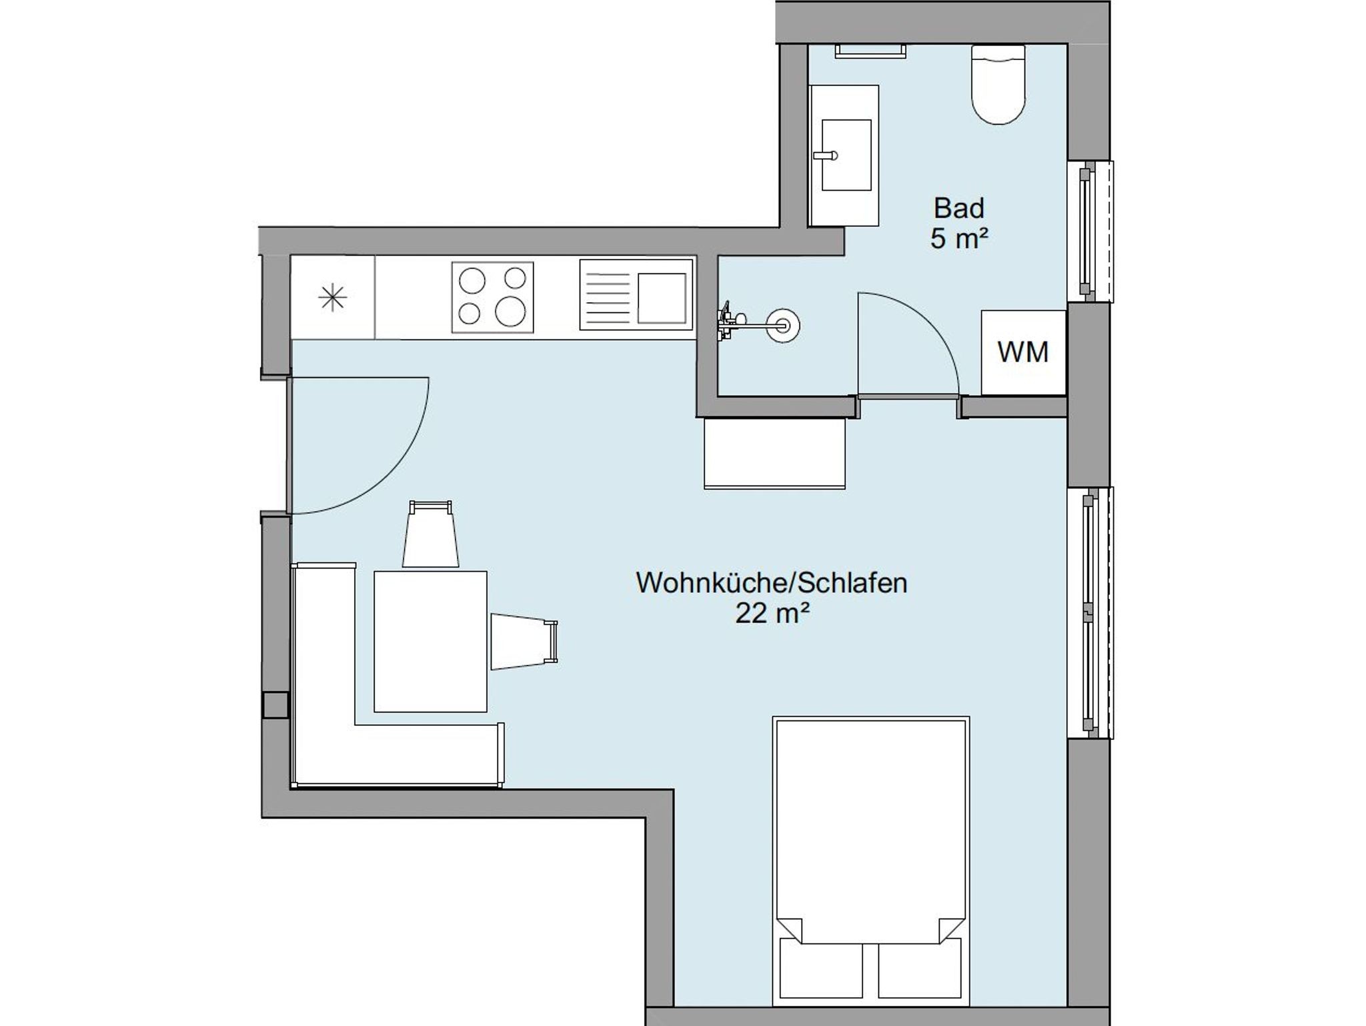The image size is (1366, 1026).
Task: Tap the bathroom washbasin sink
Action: point(846,155)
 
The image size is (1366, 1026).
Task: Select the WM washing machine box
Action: point(1023,352)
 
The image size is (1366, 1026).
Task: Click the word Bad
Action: point(958,208)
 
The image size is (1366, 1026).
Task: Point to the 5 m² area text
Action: point(958,239)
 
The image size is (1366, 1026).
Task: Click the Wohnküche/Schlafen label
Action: point(772,583)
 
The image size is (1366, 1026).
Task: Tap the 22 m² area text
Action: point(772,613)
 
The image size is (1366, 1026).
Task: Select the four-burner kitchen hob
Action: point(492,297)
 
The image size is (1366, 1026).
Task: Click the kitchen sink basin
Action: point(662,298)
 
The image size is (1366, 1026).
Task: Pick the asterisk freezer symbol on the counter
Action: point(332,298)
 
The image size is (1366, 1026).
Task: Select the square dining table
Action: point(430,642)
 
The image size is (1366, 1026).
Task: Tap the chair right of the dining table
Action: point(524,641)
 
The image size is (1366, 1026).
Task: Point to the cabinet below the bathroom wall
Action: point(775,454)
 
